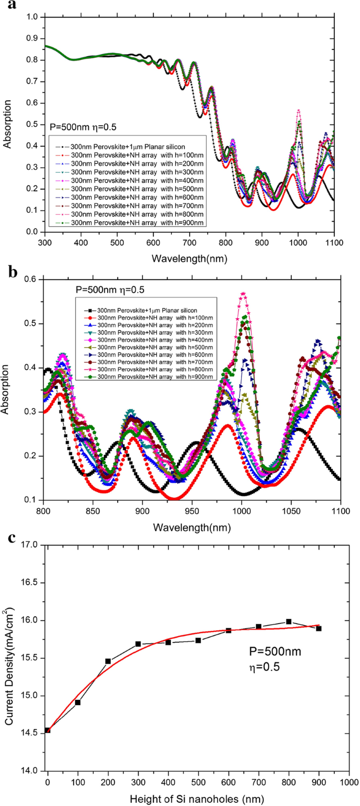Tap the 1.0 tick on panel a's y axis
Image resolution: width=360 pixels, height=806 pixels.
click(x=31, y=17)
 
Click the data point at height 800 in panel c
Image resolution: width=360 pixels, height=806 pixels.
click(x=289, y=621)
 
